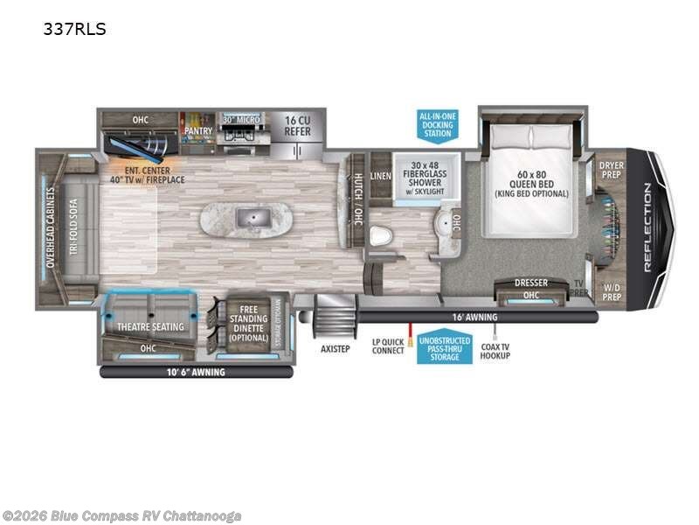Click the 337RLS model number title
pyautogui.click(x=74, y=28)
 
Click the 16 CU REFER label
pyautogui.click(x=292, y=127)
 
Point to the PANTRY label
pyautogui.click(x=197, y=130)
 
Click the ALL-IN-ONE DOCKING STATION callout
pyautogui.click(x=437, y=124)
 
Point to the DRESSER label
pyautogui.click(x=530, y=283)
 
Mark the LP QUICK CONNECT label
pyautogui.click(x=388, y=345)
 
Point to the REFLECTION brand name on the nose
pyautogui.click(x=647, y=227)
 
